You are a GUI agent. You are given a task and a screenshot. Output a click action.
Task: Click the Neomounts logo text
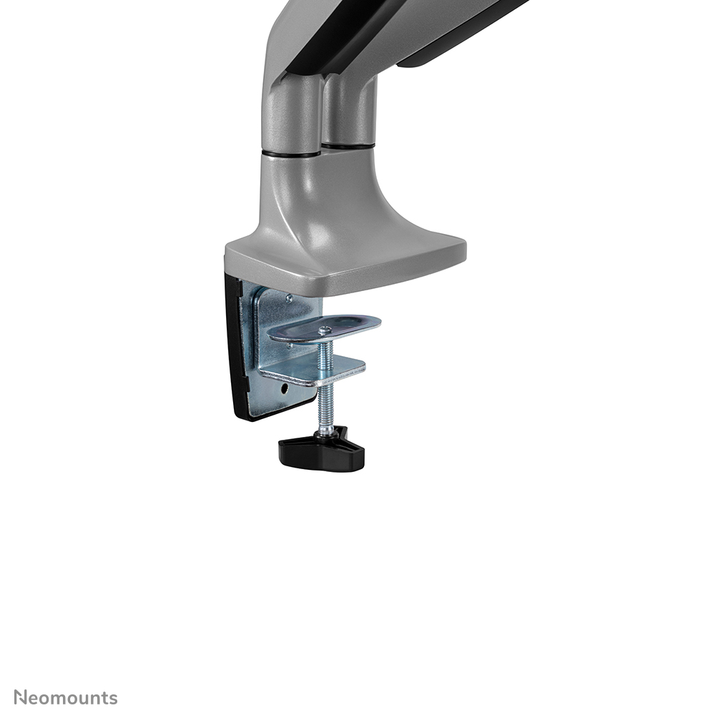[x=66, y=698]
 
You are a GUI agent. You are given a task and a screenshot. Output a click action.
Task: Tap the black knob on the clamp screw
[x=322, y=451]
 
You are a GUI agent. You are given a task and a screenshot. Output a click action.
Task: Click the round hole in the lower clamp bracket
[x=285, y=390]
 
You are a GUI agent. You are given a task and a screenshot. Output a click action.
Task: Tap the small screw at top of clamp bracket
[x=288, y=297]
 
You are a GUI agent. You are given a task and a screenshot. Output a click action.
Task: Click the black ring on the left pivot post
[x=290, y=153]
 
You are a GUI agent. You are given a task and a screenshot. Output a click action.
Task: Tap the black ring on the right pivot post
[x=348, y=146]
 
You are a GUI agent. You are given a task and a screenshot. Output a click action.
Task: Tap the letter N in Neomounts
[x=21, y=698]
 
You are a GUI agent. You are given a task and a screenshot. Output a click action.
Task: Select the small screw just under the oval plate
[x=290, y=346]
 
